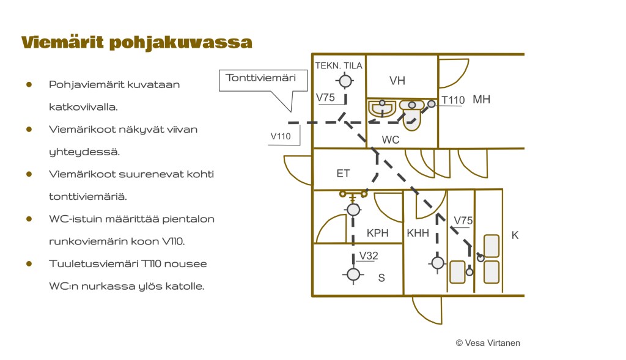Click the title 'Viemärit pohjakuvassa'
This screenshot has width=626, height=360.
pos(136,43)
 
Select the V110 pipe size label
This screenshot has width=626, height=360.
pos(281,136)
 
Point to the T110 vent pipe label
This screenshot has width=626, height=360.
pos(454,100)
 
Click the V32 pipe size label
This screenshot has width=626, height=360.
pos(369,255)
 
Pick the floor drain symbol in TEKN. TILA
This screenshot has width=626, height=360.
pos(346,81)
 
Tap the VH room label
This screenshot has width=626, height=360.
pos(397,81)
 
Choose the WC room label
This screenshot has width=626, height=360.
pos(391,140)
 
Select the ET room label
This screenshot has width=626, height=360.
pos(344,173)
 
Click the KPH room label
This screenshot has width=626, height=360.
pos(378,233)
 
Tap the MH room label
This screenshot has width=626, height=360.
pos(482,100)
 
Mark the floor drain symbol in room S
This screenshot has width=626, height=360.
pos(353,274)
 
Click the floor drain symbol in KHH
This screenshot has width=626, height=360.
pos(437,263)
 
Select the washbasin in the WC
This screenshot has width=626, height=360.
pos(383,109)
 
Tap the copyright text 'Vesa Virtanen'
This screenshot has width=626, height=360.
pos(488,343)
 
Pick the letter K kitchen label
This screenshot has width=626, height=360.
pos(515,235)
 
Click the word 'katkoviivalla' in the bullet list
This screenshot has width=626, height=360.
pos(83,107)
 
